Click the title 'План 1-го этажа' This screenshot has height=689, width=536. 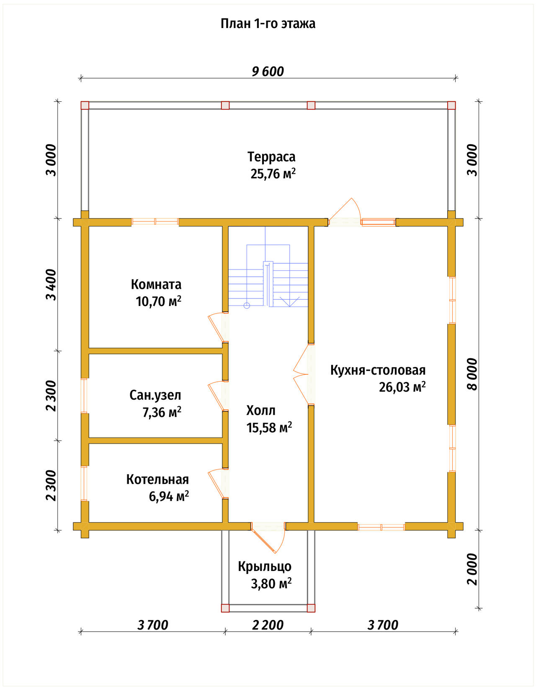pyautogui.click(x=268, y=23)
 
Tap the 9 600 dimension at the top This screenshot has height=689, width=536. pyautogui.click(x=268, y=72)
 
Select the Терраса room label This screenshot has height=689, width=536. pyautogui.click(x=271, y=157)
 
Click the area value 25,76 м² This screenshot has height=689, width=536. pyautogui.click(x=273, y=173)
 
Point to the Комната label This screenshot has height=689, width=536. pyautogui.click(x=156, y=285)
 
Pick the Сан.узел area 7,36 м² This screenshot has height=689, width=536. pyautogui.click(x=162, y=412)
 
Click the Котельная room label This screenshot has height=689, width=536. pyautogui.click(x=157, y=479)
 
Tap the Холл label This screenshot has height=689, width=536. pyautogui.click(x=260, y=411)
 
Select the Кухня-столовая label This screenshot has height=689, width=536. pyautogui.click(x=378, y=370)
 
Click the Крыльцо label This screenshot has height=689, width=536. pyautogui.click(x=265, y=566)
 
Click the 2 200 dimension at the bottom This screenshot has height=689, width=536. pyautogui.click(x=268, y=625)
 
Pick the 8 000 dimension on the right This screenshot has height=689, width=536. pyautogui.click(x=472, y=374)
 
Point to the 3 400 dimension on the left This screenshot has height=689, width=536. pyautogui.click(x=51, y=285)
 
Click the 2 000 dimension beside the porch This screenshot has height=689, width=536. pyautogui.click(x=472, y=569)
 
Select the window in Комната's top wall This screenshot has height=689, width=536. pyautogui.click(x=155, y=221)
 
